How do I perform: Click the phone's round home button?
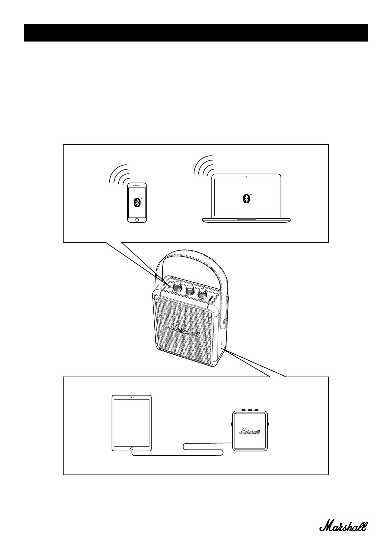pos(137,219)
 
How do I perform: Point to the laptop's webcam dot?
pos(247,176)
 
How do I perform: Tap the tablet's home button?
pos(132,449)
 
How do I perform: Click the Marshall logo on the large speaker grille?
pos(184,330)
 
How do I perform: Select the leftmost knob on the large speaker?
pos(177,285)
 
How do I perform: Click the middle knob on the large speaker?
pos(190,290)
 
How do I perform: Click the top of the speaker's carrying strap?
pos(191,252)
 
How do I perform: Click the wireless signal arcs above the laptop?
pos(203,165)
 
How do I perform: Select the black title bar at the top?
pos(196,33)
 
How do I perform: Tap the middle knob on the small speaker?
pos(250,410)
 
